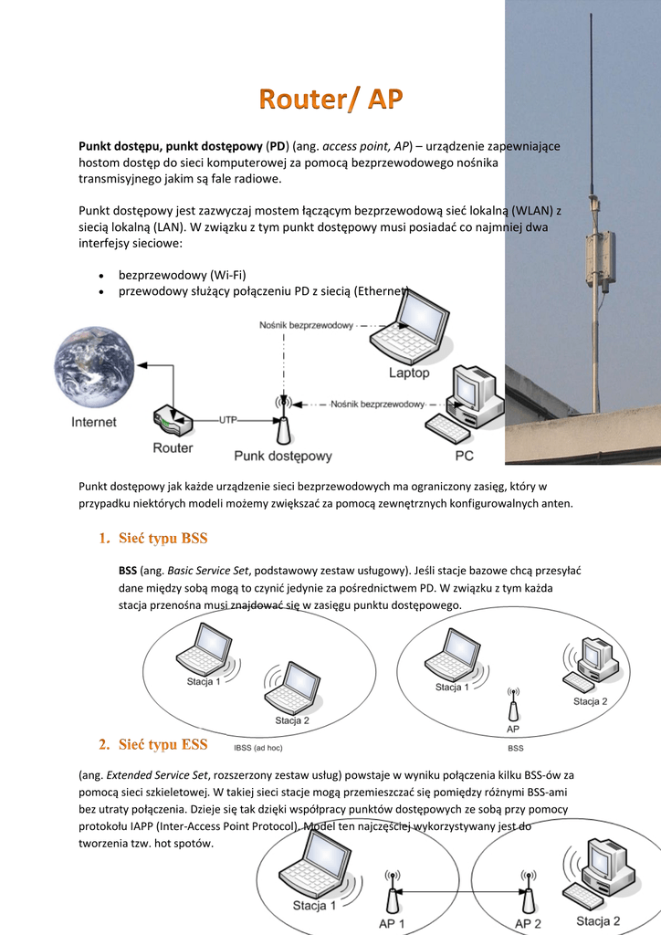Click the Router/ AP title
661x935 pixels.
coord(330,99)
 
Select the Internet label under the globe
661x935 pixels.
coord(94,422)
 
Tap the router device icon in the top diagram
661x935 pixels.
coord(173,422)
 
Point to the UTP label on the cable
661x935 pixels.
coord(229,419)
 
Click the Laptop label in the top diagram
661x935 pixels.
coord(408,373)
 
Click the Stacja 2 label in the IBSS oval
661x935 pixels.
coord(292,720)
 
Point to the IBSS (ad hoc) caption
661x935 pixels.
coord(258,748)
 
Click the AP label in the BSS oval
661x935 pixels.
coord(513,729)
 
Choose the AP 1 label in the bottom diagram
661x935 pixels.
coord(392,924)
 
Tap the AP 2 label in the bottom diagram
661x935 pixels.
coord(528,924)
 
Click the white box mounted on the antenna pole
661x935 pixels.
coord(600,260)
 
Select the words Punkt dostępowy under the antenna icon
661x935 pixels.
coord(283,456)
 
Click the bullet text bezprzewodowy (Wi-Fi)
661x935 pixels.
coord(183,274)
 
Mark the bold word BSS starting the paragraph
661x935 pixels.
coord(128,570)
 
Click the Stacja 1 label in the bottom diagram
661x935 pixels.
coord(314,906)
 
